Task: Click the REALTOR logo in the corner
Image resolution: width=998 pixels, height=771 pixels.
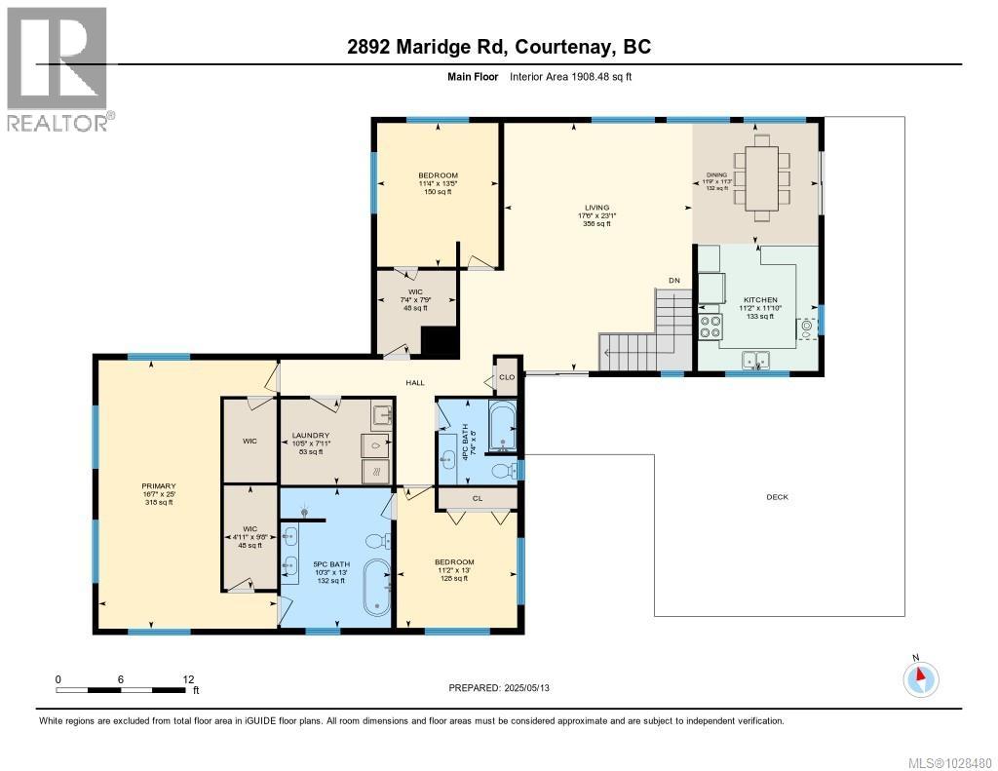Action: click(58, 68)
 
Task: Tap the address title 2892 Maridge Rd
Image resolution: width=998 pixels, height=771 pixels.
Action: click(498, 47)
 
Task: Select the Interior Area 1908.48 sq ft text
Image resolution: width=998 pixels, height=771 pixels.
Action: click(570, 77)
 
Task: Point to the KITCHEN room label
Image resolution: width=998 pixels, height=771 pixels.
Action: click(759, 301)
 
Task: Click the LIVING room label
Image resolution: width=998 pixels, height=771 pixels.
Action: click(596, 208)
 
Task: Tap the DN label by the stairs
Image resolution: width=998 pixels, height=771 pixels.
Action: click(673, 281)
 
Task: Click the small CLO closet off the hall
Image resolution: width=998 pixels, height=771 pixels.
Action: click(507, 376)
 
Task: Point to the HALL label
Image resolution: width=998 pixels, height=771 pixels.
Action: click(415, 383)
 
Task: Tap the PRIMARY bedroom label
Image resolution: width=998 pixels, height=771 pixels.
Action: click(158, 485)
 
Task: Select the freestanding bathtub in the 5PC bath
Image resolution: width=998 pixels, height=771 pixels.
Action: click(376, 588)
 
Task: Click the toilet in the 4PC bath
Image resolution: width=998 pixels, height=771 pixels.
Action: click(503, 472)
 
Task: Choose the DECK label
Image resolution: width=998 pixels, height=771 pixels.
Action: click(777, 497)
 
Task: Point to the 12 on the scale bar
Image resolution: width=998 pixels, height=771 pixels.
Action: click(188, 678)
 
